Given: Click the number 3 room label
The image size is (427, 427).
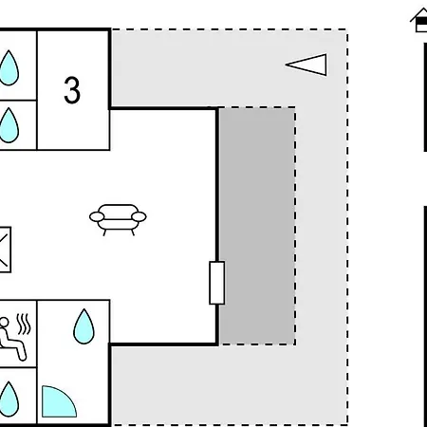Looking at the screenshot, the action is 72,90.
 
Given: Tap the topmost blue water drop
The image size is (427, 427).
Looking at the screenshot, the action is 9,68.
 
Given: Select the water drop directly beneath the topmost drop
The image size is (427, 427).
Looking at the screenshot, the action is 9,125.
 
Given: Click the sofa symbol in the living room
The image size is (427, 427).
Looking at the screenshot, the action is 118,219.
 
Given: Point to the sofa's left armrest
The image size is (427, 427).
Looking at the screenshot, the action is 97,217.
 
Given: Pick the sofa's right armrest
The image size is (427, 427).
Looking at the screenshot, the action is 139,216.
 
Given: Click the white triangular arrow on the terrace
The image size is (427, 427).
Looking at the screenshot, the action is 306,65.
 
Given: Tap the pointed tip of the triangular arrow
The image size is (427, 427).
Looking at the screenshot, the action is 286,65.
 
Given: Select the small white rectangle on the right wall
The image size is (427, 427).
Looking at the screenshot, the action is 217,283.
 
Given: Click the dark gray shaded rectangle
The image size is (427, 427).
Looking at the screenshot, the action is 257,226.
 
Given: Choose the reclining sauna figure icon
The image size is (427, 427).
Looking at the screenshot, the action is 12,339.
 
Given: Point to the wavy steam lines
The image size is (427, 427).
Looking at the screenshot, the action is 24,325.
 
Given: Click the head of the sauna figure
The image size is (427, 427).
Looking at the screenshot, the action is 4,322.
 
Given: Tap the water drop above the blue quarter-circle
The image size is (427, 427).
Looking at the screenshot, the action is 84,326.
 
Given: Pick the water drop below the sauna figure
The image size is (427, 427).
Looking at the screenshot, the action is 9,399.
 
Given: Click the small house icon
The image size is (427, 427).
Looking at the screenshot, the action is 419,21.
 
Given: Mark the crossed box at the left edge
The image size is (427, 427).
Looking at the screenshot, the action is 5,250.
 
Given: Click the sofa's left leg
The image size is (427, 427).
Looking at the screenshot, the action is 104,232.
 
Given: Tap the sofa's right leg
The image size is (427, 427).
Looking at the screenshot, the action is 133,232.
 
